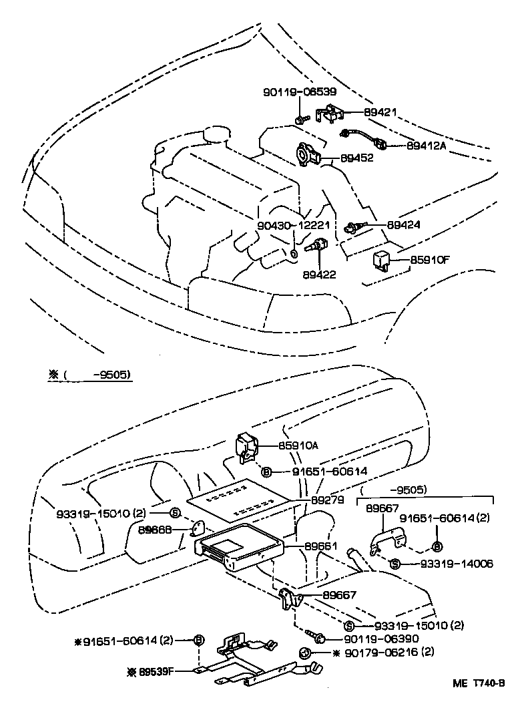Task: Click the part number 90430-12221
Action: [x=292, y=225]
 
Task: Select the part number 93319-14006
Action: [x=457, y=564]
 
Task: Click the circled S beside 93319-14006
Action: [x=395, y=564]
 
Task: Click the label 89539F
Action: [x=155, y=670]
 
